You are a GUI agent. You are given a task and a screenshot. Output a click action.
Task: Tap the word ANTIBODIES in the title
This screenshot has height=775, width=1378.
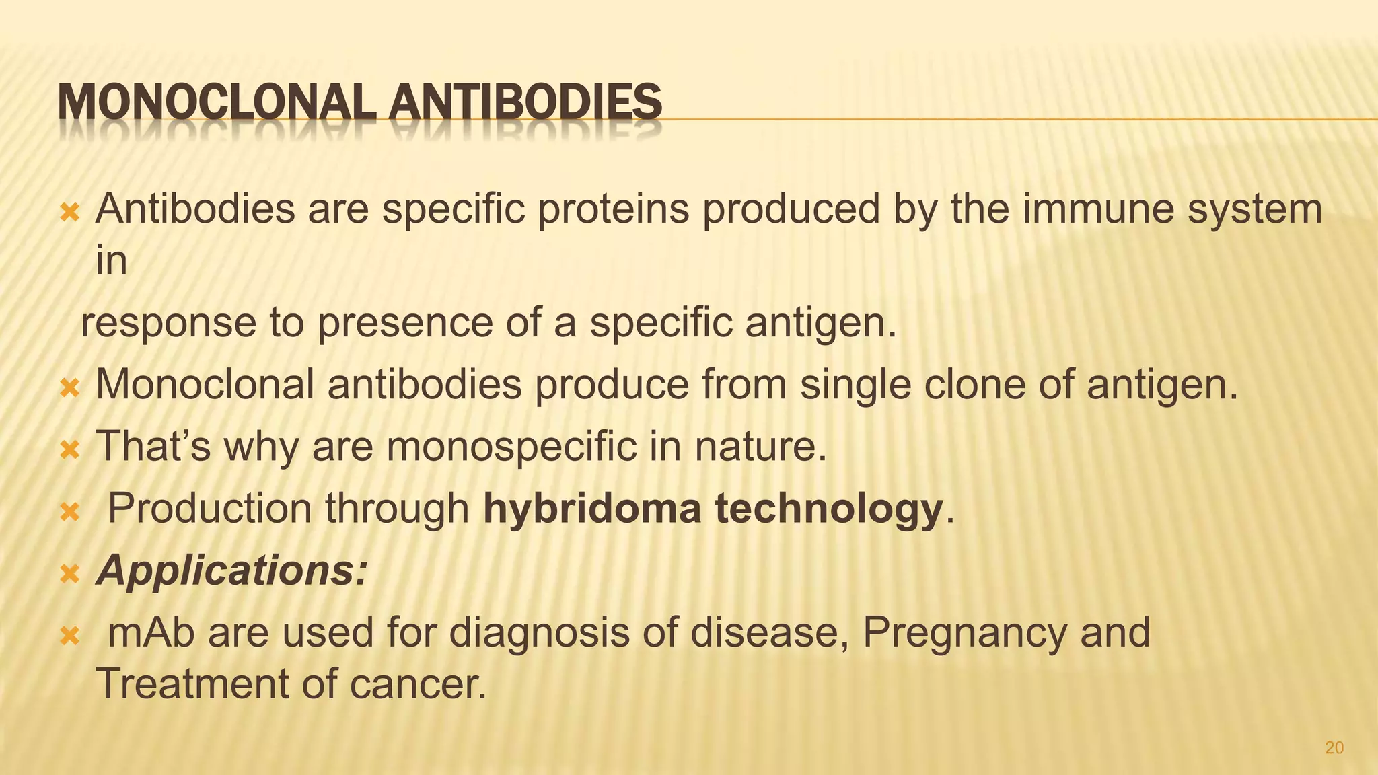click(525, 103)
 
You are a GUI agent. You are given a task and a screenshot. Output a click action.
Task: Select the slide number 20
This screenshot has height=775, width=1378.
click(1334, 747)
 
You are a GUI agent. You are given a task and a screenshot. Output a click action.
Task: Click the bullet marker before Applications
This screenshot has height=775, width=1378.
click(70, 574)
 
